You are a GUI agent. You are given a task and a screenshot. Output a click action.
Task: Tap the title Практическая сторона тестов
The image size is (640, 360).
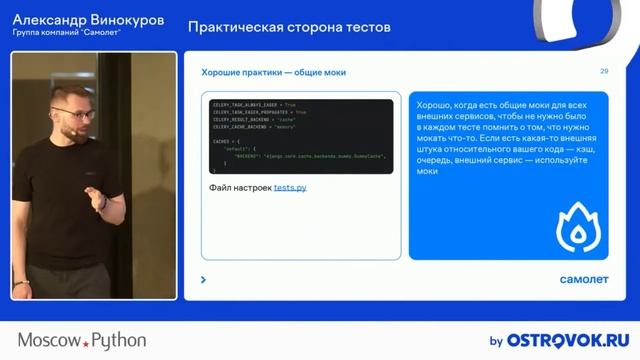pyautogui.click(x=289, y=26)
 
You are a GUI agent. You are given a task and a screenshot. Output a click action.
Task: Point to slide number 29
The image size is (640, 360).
pyautogui.click(x=604, y=71)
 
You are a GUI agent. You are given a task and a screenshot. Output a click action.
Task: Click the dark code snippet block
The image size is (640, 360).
pyautogui.click(x=299, y=138)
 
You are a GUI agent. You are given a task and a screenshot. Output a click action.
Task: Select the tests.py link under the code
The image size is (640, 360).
pyautogui.click(x=291, y=187)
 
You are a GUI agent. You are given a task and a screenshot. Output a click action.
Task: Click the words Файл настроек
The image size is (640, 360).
pyautogui.click(x=240, y=187)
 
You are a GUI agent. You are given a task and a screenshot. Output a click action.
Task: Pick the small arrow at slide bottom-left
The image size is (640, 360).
pyautogui.click(x=204, y=280)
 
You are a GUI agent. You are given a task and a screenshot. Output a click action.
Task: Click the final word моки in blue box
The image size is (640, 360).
pyautogui.click(x=428, y=171)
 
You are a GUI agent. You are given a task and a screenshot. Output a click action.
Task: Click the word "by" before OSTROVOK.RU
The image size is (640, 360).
pyautogui.click(x=495, y=341)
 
